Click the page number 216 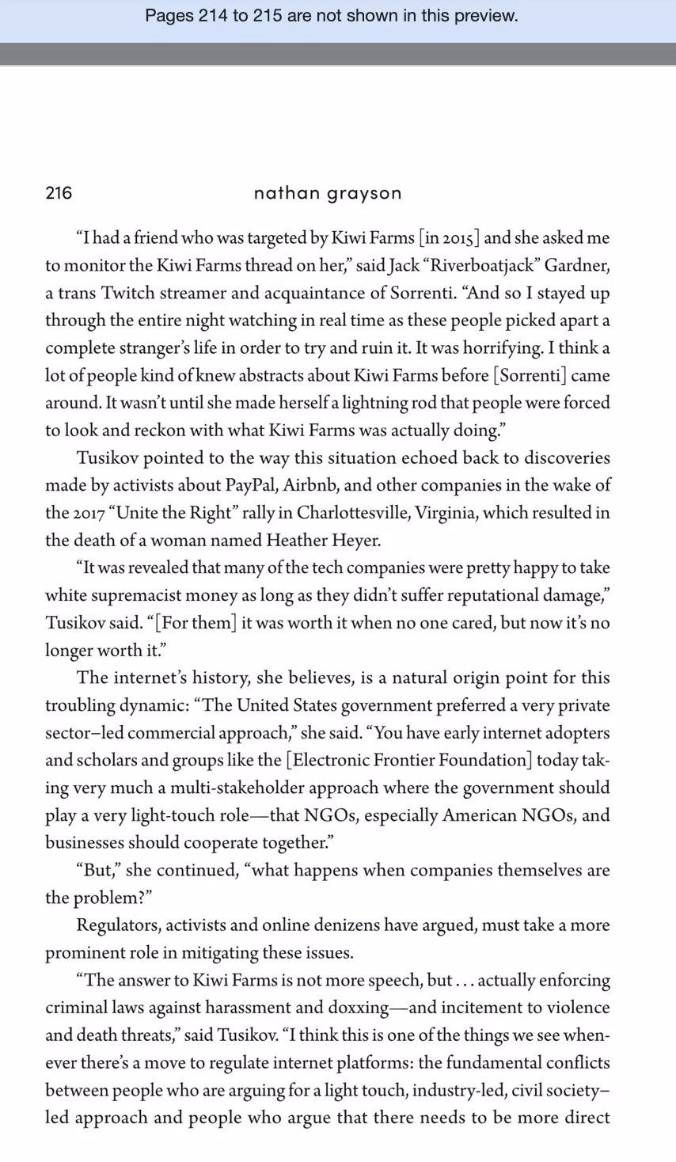click(x=59, y=192)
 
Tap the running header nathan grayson click(x=328, y=192)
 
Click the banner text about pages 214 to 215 click(x=332, y=16)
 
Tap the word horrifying click(x=503, y=347)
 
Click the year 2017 click(x=91, y=513)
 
